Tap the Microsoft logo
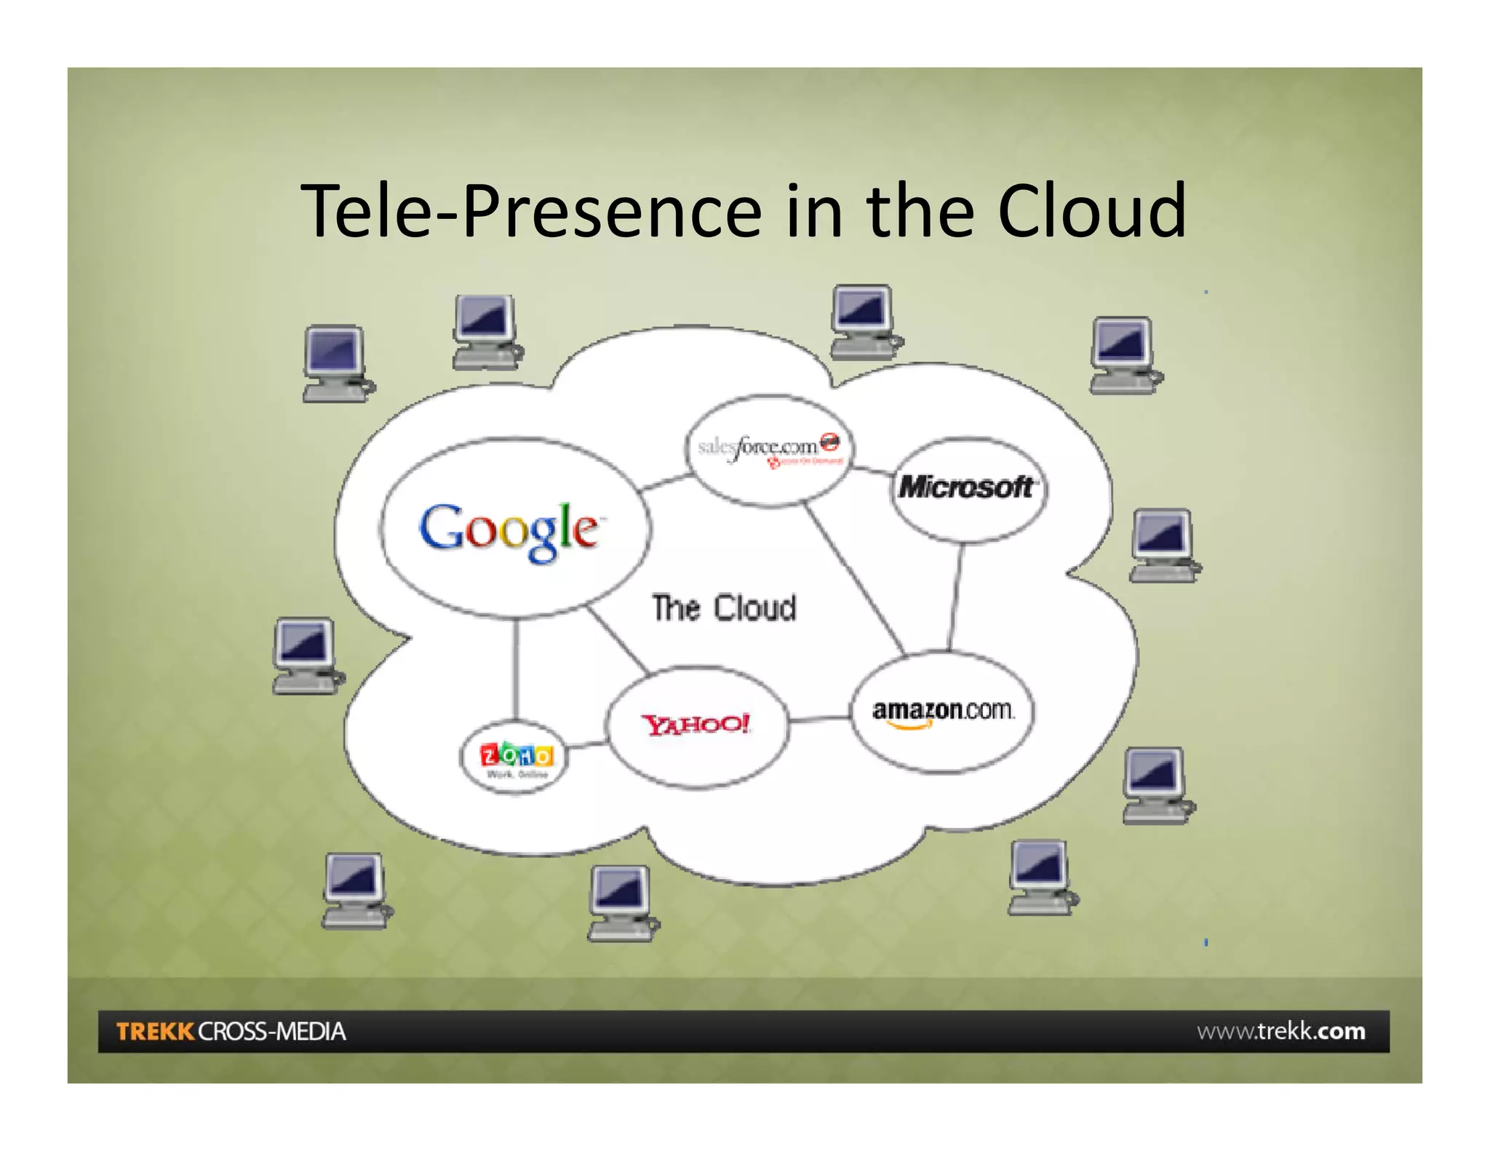pos(966,487)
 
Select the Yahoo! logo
pos(696,724)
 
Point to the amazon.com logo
pos(943,711)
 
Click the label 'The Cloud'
pos(724,608)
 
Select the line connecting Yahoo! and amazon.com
pos(819,720)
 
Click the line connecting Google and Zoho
pos(516,669)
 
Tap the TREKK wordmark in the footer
pos(155,1031)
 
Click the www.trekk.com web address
pos(1280,1031)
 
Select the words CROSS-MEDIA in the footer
pos(272,1031)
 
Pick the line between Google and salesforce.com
pos(665,481)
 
